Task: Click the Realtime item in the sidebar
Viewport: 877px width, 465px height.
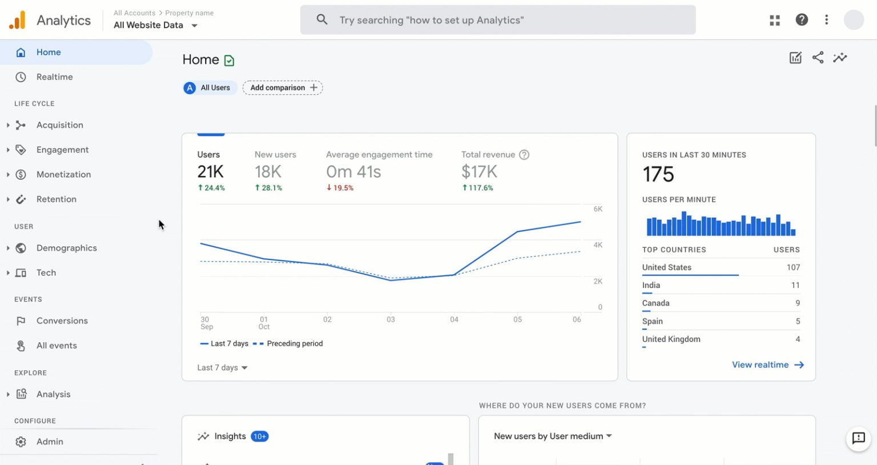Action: click(54, 77)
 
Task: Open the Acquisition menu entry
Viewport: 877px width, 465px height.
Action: click(59, 125)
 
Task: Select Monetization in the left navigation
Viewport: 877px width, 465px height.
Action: click(63, 174)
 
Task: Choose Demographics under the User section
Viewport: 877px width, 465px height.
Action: click(66, 248)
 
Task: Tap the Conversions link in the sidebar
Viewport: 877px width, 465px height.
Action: click(62, 321)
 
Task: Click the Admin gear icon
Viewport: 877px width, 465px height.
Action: click(21, 442)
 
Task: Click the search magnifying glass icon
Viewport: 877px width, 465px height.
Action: click(322, 20)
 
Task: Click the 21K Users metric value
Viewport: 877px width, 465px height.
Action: click(210, 171)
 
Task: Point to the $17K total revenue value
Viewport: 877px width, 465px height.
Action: click(479, 171)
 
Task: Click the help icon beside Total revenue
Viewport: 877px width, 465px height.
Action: click(524, 155)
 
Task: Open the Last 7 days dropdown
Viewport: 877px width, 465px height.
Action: click(222, 368)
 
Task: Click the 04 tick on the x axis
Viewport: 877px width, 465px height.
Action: click(454, 320)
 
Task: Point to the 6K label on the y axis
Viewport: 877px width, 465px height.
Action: click(598, 209)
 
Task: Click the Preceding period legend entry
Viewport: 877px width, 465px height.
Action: click(294, 344)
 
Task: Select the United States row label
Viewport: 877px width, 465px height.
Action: click(666, 267)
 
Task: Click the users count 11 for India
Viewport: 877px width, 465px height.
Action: click(795, 285)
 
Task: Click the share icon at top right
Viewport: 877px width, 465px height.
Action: click(818, 58)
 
